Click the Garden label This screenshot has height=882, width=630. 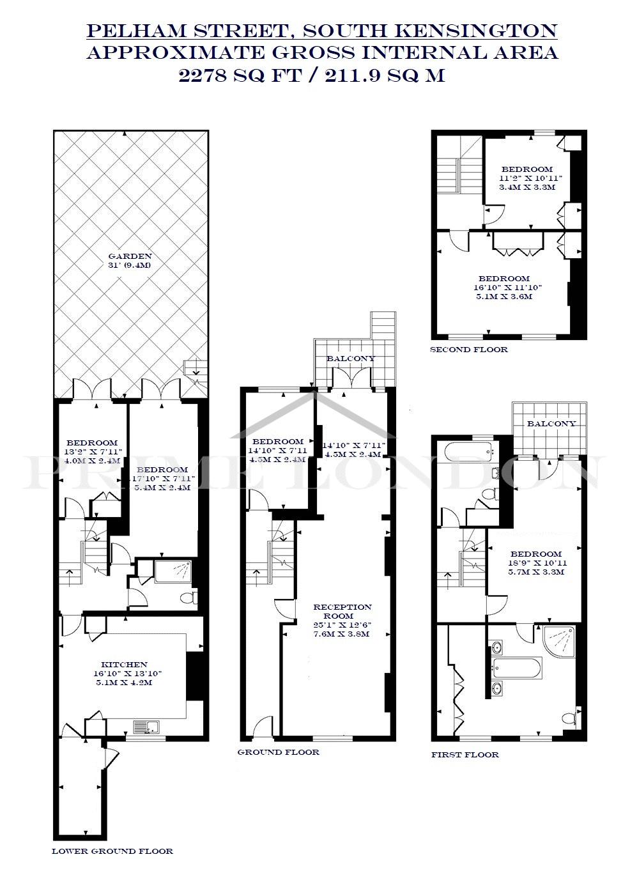[130, 256]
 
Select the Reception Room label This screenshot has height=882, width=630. [342, 611]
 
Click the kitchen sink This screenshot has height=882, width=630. [146, 727]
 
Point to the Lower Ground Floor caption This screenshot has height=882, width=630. [112, 851]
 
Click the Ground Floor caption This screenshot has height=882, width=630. [279, 752]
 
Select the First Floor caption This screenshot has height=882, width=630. [465, 754]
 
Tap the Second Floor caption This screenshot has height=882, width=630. [469, 349]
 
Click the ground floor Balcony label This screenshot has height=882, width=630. [351, 359]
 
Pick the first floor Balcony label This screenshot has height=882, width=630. [551, 424]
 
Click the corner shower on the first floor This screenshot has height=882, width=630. [559, 642]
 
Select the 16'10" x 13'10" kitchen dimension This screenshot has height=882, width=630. [125, 673]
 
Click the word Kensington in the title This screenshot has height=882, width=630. [475, 31]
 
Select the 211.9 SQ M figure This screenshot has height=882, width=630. [385, 75]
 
